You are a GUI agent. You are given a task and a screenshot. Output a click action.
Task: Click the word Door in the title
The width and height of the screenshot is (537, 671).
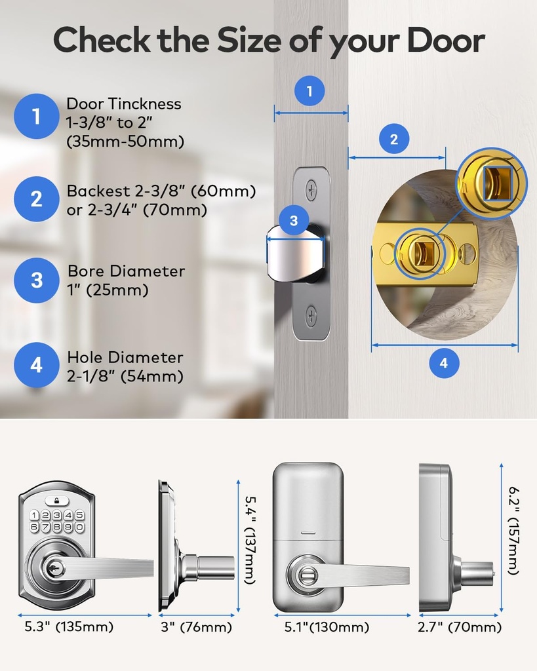tap(445, 41)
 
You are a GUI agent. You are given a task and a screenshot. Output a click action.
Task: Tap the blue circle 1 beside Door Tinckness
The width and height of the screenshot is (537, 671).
tap(36, 117)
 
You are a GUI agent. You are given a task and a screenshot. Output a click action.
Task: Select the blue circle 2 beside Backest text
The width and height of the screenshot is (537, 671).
tap(36, 199)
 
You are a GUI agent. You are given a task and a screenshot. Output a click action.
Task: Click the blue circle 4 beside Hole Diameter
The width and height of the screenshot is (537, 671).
tap(36, 364)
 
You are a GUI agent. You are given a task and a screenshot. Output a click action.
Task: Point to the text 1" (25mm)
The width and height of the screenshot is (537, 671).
tap(108, 290)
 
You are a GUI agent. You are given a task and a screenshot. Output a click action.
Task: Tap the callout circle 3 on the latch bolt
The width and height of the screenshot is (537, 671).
tap(294, 221)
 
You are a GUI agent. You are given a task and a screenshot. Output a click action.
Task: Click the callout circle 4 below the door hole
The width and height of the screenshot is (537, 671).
tap(444, 363)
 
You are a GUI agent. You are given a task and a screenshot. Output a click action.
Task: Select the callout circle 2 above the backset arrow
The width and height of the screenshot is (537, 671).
tap(394, 139)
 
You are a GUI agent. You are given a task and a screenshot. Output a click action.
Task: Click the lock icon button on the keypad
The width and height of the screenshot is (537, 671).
tap(57, 501)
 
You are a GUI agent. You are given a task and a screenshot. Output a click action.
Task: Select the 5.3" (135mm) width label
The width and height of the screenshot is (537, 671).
tap(69, 627)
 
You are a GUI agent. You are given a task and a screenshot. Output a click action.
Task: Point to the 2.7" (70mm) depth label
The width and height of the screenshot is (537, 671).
tap(460, 628)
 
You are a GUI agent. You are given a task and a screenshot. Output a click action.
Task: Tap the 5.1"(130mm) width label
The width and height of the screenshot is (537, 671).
tap(326, 628)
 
